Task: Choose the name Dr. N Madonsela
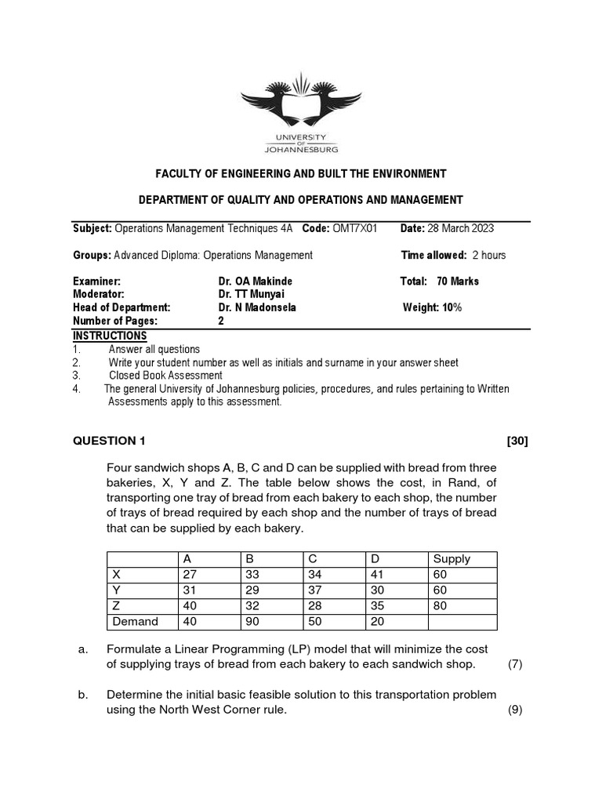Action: pyautogui.click(x=258, y=307)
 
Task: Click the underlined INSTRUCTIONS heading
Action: pyautogui.click(x=110, y=336)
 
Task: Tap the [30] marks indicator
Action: pyautogui.click(x=517, y=441)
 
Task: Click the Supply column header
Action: pyautogui.click(x=451, y=559)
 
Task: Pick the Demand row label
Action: pyautogui.click(x=136, y=622)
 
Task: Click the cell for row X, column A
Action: pyautogui.click(x=190, y=575)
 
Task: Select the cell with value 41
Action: pyautogui.click(x=377, y=575)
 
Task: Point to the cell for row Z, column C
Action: pyautogui.click(x=315, y=606)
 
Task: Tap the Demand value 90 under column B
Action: pyautogui.click(x=252, y=622)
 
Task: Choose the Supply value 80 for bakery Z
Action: pyautogui.click(x=441, y=606)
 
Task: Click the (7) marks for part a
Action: pyautogui.click(x=515, y=664)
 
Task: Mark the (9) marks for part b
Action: pyautogui.click(x=515, y=710)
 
